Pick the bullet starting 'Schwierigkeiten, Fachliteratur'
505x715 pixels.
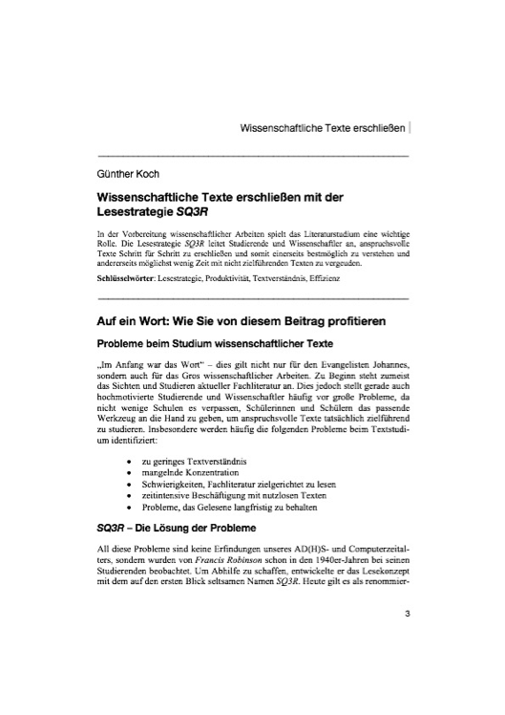[x=242, y=485]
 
